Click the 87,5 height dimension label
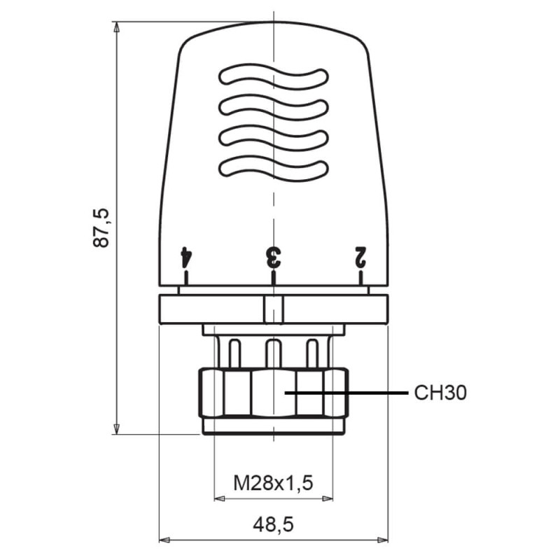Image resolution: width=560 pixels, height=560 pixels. pos(102,227)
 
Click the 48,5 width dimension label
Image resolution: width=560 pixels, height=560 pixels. pos(273,523)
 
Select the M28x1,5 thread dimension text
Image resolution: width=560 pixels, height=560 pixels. pos(273,482)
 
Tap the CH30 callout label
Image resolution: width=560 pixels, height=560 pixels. pos(440,393)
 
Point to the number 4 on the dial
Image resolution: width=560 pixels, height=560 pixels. pos(185,256)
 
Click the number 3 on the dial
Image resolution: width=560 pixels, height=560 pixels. pos(273,256)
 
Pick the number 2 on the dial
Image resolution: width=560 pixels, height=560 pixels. pos(360,256)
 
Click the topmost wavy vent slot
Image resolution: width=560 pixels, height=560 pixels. pos(273,78)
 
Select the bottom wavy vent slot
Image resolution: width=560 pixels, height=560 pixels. pos(273,167)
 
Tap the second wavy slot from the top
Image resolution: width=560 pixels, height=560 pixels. pos(273,107)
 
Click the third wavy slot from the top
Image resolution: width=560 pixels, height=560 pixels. pos(273,137)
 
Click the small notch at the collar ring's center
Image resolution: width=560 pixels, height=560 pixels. pos(273,309)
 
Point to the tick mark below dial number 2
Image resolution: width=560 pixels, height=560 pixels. pos(360,278)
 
